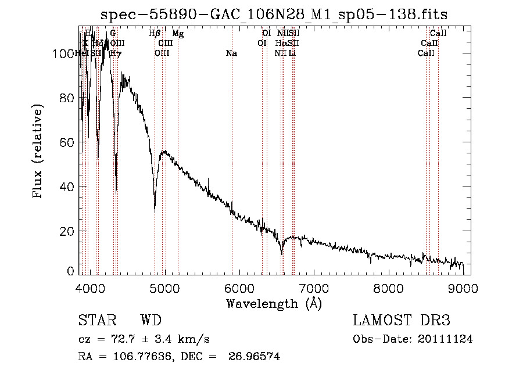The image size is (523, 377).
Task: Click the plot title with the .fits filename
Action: coord(274,14)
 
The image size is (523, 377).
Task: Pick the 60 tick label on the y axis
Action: coord(67,142)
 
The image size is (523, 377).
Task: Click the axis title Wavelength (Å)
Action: coord(274,303)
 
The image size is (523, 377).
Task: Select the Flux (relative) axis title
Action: coord(38,152)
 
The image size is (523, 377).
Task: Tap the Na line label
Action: coord(231,53)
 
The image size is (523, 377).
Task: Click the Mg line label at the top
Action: coord(178,34)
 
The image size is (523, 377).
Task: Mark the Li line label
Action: coord(292,53)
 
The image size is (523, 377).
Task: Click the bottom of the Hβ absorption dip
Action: coord(155,207)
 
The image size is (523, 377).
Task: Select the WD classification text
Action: coord(150,321)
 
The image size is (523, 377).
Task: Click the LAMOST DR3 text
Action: coord(401,321)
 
